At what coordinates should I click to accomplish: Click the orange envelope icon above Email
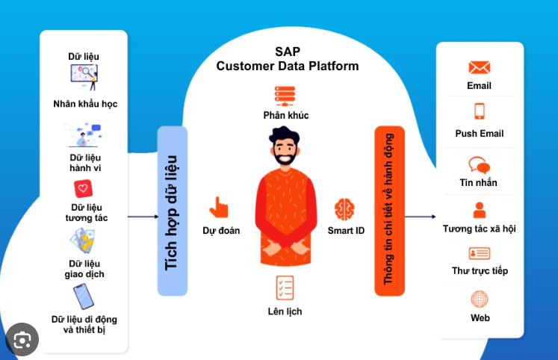point(480,67)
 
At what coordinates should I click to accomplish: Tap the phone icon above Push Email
point(480,111)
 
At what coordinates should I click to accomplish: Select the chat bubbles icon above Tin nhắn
point(479,165)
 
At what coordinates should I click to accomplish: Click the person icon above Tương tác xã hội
point(480,210)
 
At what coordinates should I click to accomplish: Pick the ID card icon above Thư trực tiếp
point(480,253)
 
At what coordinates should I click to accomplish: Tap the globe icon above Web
point(480,300)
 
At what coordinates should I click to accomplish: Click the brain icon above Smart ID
point(344,209)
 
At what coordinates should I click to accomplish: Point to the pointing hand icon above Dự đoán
point(219,207)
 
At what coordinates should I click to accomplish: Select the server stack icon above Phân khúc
point(285,96)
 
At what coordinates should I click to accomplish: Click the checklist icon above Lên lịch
point(285,288)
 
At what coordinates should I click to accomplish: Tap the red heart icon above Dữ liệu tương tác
point(83,188)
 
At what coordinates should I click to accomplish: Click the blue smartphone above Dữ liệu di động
point(84,297)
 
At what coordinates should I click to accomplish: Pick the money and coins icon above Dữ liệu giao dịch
point(82,240)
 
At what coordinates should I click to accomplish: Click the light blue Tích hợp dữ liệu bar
point(173,211)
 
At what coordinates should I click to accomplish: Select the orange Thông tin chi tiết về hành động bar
point(389,211)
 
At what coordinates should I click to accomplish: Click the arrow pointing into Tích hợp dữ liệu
point(143,217)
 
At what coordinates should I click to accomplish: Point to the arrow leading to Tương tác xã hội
point(421,217)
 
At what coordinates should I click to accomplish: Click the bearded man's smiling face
point(285,150)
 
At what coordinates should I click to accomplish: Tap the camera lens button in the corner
point(22,340)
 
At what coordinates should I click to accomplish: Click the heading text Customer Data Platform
point(288,66)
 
